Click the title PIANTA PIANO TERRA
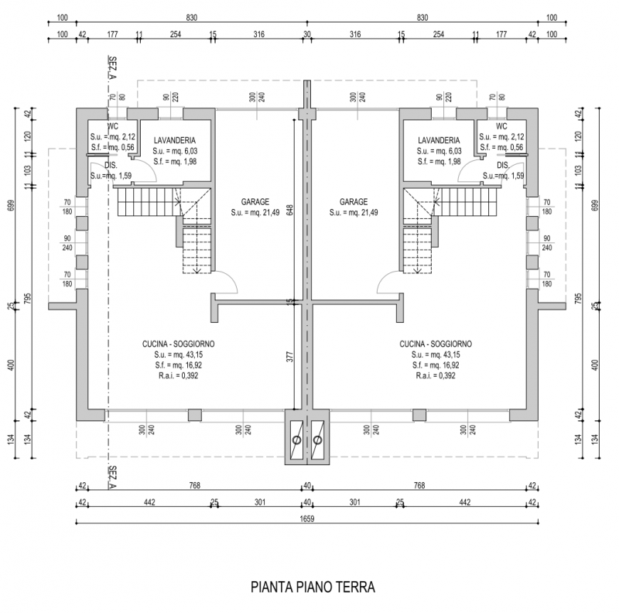(x=313, y=587)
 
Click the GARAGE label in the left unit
(x=255, y=201)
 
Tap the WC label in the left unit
(x=112, y=126)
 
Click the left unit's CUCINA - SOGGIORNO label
(x=178, y=344)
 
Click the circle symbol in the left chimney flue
(x=296, y=440)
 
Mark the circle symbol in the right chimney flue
(x=317, y=440)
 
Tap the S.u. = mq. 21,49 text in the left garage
(x=255, y=212)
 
